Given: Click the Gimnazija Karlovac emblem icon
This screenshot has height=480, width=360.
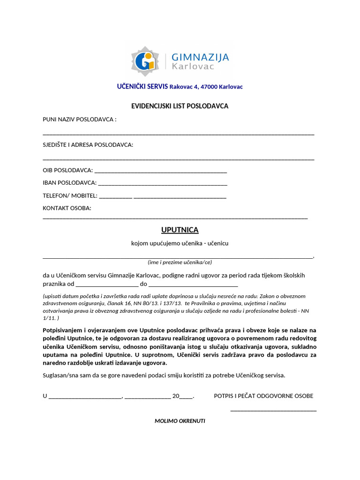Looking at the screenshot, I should coord(145,61).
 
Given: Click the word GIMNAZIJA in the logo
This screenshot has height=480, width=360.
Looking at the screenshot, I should coord(200,57).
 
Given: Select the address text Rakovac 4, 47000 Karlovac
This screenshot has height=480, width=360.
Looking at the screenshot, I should coord(206,87).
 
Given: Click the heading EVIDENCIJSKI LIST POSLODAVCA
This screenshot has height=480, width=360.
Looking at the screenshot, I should coord(180,106).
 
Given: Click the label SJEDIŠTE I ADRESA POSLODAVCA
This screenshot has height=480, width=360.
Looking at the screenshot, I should coord(88,144).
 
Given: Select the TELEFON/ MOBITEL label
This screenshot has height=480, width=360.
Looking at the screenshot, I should coord(70,195).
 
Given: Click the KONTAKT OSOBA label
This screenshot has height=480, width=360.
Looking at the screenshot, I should coord(67,208).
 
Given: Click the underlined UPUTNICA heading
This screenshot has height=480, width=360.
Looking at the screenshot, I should coord(180,230).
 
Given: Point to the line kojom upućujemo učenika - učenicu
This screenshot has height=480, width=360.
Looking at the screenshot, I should coord(180,243).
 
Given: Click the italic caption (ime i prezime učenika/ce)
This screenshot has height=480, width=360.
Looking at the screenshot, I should coord(180,262).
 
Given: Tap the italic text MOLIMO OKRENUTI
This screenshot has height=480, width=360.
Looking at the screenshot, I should coord(180,421).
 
